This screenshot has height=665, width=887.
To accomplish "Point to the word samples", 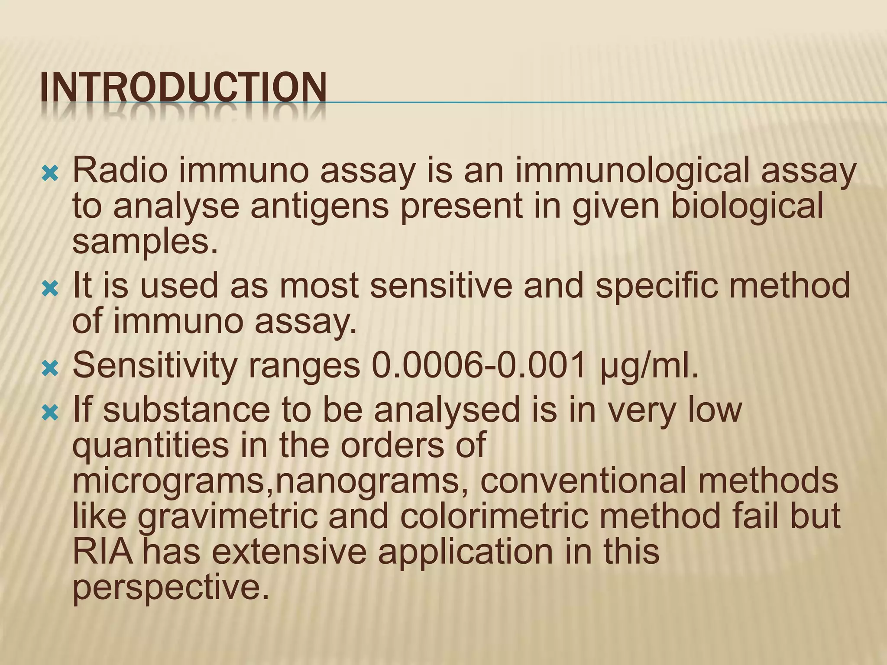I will [145, 242].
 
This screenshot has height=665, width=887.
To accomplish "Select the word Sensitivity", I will [155, 366].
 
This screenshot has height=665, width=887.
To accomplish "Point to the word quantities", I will [150, 446].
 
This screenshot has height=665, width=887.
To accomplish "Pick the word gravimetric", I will [227, 517].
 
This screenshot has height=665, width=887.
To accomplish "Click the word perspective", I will [171, 589].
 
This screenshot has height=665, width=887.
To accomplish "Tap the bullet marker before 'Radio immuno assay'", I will [50, 174].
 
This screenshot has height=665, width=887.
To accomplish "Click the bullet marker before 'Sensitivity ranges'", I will [50, 369].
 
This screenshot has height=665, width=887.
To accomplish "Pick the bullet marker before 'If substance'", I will [50, 413].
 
